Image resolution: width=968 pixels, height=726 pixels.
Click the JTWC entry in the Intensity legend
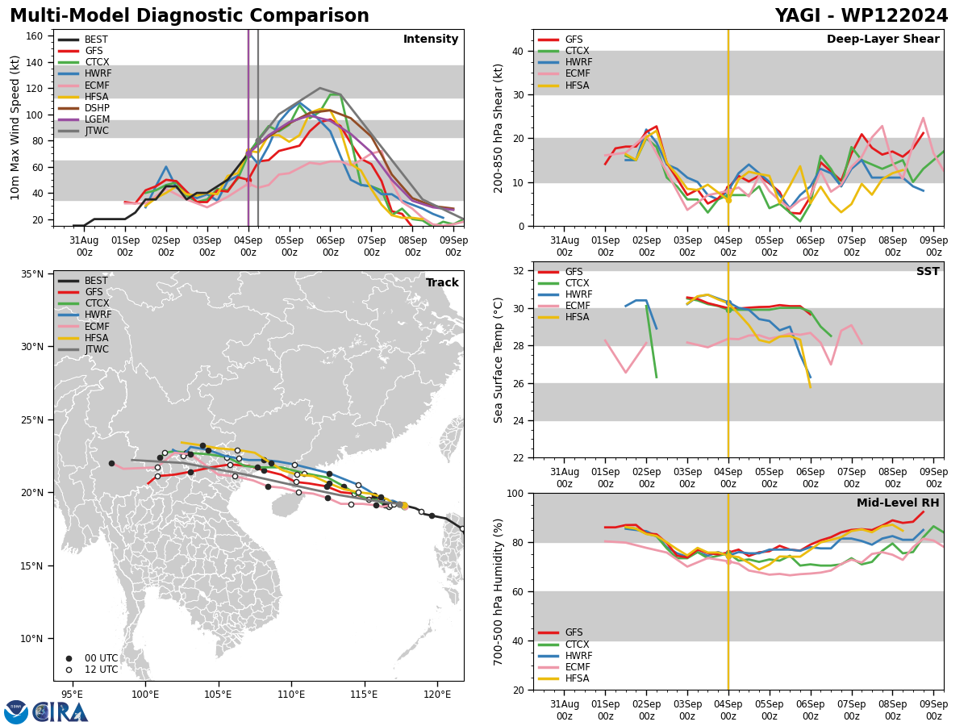tap(97, 131)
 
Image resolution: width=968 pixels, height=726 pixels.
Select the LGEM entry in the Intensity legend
tap(97, 119)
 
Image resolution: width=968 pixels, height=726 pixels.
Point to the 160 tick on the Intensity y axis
tap(35, 36)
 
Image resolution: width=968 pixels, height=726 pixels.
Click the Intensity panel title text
tap(430, 40)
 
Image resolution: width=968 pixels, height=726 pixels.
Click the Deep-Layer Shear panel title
tap(882, 40)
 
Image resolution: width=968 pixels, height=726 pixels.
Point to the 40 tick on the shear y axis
tap(516, 51)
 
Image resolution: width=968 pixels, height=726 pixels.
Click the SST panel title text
tap(927, 272)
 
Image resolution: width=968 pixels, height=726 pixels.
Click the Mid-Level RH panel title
tap(898, 503)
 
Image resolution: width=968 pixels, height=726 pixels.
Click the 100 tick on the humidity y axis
tap(513, 493)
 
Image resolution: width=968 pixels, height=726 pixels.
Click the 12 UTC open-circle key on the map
tap(95, 670)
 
